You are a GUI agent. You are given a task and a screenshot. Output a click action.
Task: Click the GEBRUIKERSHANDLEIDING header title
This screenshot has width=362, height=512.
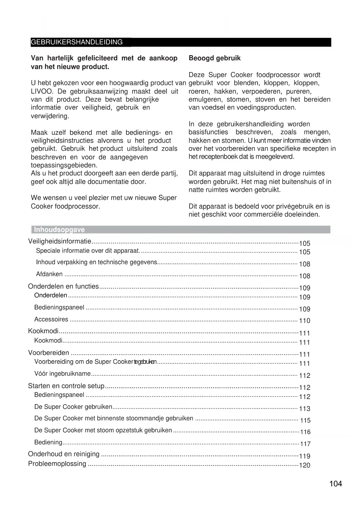pyautogui.click(x=77, y=42)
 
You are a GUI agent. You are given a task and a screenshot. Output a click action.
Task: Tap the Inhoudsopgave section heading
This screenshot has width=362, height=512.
pyautogui.click(x=59, y=230)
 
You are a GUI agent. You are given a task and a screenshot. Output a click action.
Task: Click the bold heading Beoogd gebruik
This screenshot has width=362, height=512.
pyautogui.click(x=214, y=58)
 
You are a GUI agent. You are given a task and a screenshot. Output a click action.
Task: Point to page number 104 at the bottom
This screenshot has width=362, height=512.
pyautogui.click(x=335, y=484)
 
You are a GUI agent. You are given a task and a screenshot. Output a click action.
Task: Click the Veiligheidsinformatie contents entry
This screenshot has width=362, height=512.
pyautogui.click(x=60, y=241)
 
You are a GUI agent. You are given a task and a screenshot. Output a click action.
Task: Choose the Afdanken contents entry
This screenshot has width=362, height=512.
pyautogui.click(x=49, y=274)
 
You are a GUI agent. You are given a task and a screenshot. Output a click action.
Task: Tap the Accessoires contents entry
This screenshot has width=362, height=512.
pyautogui.click(x=51, y=319)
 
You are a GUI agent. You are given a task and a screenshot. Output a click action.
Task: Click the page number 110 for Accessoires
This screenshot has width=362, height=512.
pyautogui.click(x=305, y=321)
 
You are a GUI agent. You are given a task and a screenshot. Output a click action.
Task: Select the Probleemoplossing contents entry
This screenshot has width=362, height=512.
pyautogui.click(x=57, y=464)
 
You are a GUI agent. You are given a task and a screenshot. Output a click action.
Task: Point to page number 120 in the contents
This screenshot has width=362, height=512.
pyautogui.click(x=305, y=465)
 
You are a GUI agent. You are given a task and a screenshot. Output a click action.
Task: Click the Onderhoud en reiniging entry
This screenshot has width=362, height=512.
pyautogui.click(x=64, y=454)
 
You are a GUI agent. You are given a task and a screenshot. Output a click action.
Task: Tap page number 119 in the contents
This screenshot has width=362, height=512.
pyautogui.click(x=305, y=456)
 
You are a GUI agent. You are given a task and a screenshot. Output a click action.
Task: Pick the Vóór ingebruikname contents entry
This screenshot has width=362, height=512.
pyautogui.click(x=62, y=374)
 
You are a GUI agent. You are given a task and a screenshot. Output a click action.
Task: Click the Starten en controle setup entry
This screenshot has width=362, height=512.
pyautogui.click(x=66, y=386)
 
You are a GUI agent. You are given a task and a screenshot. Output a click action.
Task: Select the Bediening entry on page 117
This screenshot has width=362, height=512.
pyautogui.click(x=48, y=442)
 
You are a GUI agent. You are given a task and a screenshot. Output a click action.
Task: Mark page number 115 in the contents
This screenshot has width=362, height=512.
pyautogui.click(x=305, y=420)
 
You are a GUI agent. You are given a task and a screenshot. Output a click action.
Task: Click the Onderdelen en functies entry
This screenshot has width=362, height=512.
pyautogui.click(x=63, y=286)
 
